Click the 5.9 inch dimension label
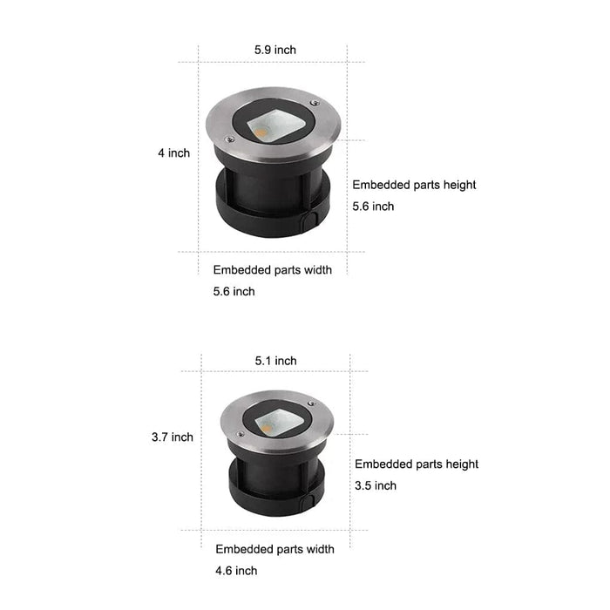click(x=275, y=50)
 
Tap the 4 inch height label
click(x=174, y=152)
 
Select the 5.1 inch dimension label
click(x=276, y=361)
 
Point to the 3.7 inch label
click(x=173, y=437)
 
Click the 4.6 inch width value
click(x=236, y=571)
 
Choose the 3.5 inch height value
click(x=376, y=485)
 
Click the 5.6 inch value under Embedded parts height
click(x=373, y=207)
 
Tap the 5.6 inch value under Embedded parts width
click(x=234, y=291)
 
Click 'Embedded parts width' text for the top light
click(x=272, y=270)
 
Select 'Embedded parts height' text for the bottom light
click(x=417, y=464)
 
